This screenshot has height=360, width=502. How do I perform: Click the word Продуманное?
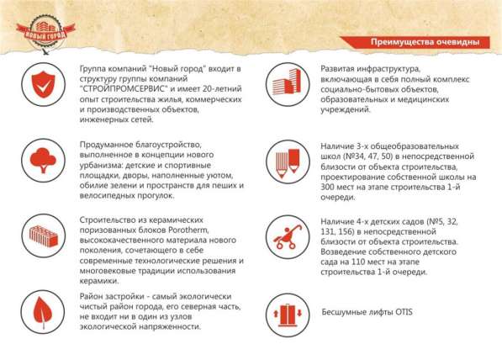tap(106, 146)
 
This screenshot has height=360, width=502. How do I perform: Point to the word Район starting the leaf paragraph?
tap(92, 298)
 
